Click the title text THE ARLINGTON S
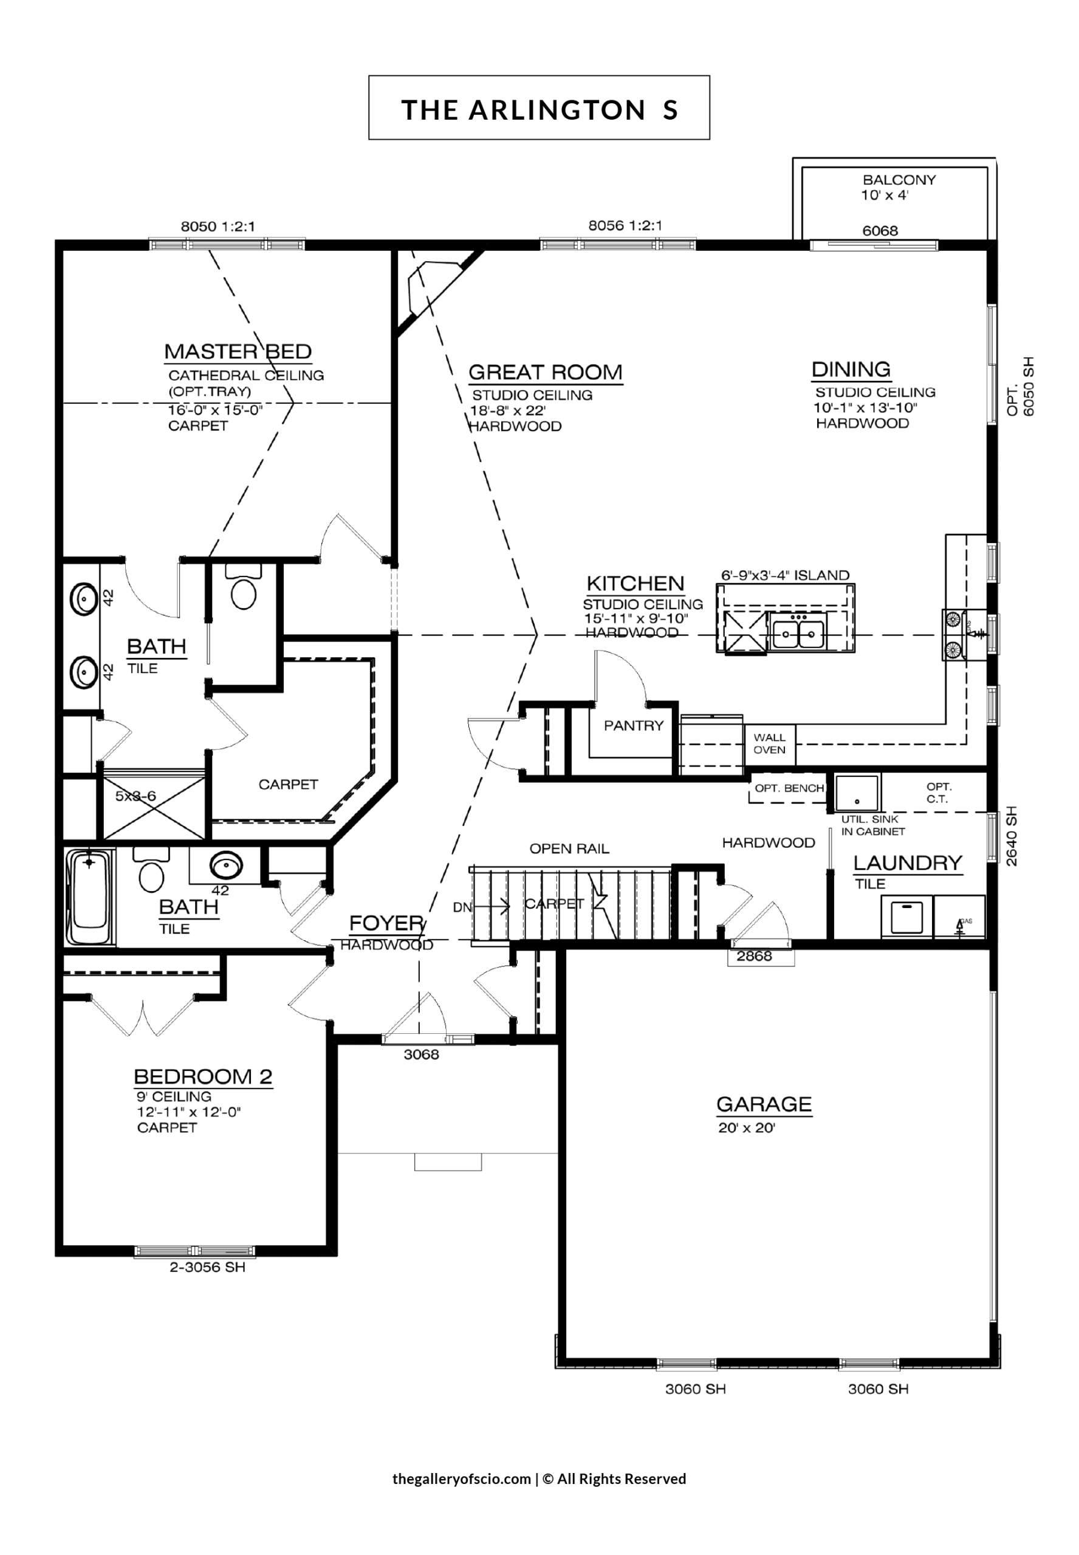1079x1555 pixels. tap(539, 109)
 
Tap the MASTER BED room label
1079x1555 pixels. tap(238, 352)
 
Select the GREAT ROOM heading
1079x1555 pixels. tap(545, 372)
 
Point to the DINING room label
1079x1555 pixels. tap(851, 370)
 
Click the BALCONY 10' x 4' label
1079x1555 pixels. tap(899, 188)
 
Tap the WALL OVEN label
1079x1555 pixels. tap(769, 743)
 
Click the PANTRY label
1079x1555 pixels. tap(634, 726)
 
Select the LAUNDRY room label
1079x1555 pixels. tap(907, 863)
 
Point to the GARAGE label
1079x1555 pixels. tap(764, 1104)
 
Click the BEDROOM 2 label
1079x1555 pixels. tap(203, 1076)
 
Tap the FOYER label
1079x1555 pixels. tap(386, 923)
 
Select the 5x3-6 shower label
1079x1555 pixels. tap(135, 796)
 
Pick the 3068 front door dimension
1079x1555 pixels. tap(421, 1054)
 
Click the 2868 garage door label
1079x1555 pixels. tap(754, 955)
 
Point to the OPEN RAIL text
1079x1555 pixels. tap(569, 849)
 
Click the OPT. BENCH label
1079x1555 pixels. tap(789, 788)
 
